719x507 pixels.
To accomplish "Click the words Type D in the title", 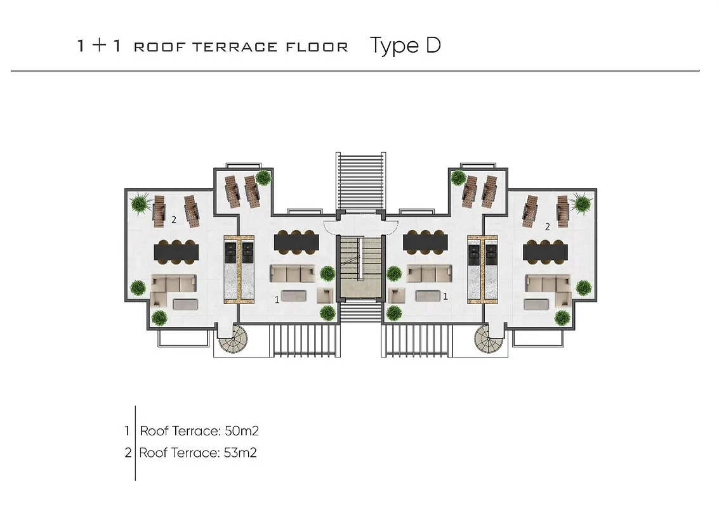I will (x=405, y=46).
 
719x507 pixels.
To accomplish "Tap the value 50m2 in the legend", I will (x=241, y=431).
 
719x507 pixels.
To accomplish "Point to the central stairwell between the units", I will (x=360, y=267).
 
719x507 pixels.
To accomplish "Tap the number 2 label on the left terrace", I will (x=173, y=220).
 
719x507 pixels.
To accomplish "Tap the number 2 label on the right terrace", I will (x=547, y=226).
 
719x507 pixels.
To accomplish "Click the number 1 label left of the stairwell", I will (x=277, y=300).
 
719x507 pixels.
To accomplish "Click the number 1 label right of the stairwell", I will (x=445, y=296).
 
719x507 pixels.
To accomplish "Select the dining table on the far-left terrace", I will (x=176, y=252).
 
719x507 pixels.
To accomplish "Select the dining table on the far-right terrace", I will (x=545, y=252).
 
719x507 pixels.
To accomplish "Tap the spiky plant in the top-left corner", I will (x=140, y=204).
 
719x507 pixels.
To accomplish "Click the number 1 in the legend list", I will (x=128, y=431).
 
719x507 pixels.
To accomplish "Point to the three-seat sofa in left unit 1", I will (x=293, y=273).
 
